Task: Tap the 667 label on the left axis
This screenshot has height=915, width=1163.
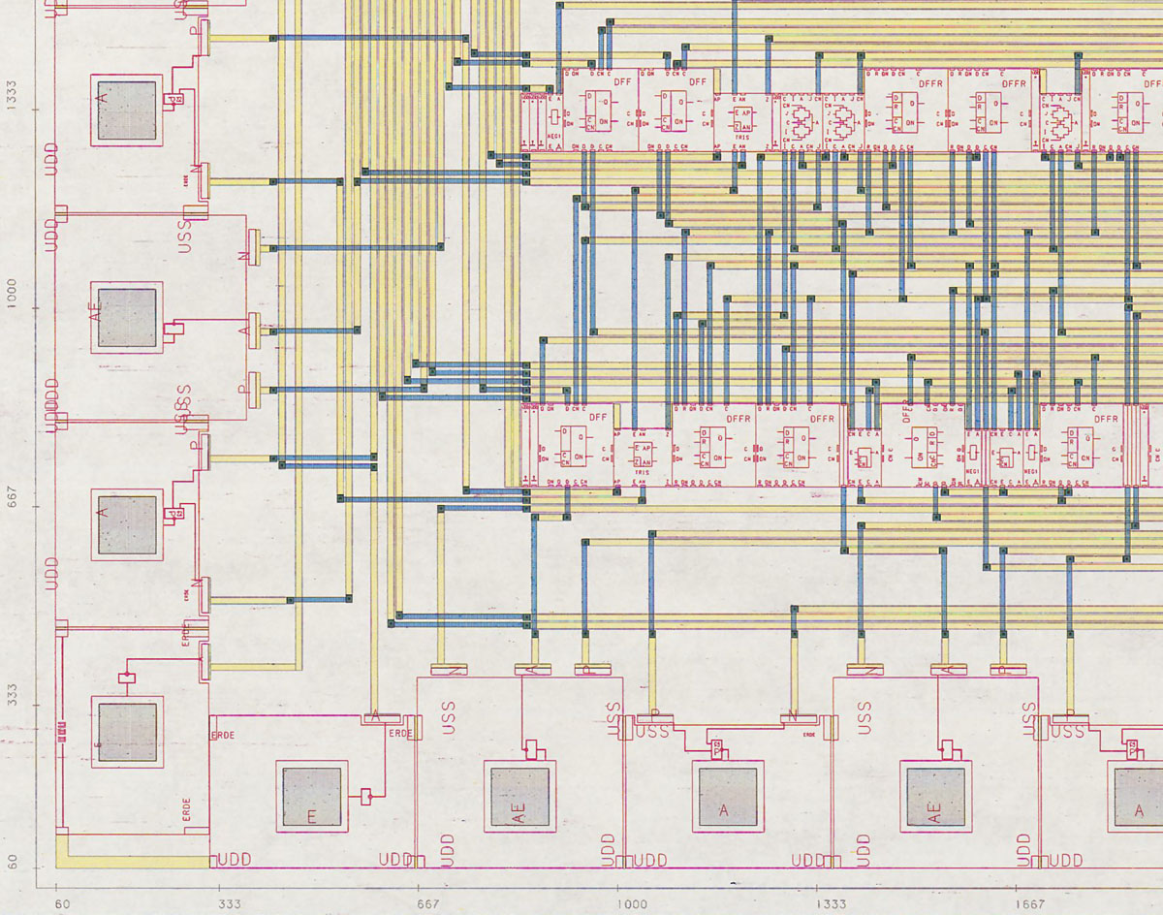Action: (x=12, y=505)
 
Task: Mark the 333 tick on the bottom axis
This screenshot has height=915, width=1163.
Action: (x=230, y=903)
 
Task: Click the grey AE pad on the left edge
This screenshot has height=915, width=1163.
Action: (x=127, y=317)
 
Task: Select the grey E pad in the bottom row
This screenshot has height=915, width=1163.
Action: (x=311, y=797)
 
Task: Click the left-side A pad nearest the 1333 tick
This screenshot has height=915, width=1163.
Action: (x=126, y=110)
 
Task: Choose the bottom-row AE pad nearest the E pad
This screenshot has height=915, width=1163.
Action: (x=520, y=797)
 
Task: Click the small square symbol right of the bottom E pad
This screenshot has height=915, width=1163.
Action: (x=366, y=797)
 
